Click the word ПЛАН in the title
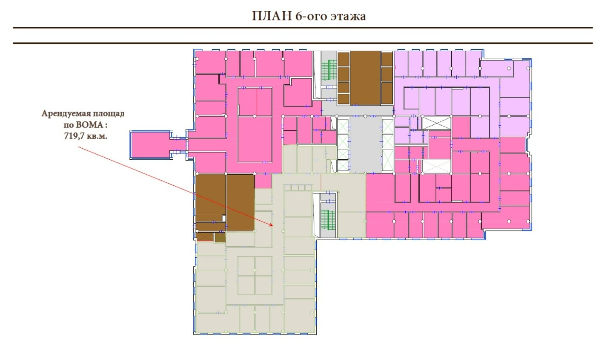[x=272, y=16]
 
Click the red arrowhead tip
[x=273, y=226]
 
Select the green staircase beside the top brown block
[x=329, y=70]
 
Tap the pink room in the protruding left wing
[x=150, y=145]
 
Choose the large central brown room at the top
[x=365, y=78]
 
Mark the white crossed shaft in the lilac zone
[x=436, y=123]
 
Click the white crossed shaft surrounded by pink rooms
[x=436, y=166]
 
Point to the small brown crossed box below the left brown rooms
[x=205, y=237]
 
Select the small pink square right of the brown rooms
[x=263, y=181]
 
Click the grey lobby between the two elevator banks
[x=365, y=145]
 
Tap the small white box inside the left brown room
[x=223, y=219]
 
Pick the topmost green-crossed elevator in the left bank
[x=343, y=126]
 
